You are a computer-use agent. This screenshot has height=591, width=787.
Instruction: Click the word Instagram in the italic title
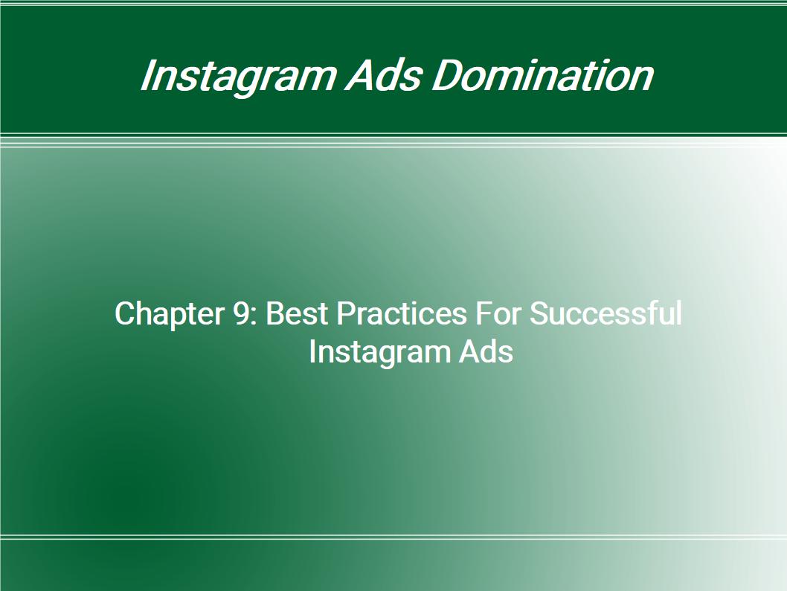coord(237,77)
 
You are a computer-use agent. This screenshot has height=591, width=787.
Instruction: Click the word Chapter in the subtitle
coord(169,314)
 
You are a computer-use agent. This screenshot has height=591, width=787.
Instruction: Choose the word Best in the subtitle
coord(297,313)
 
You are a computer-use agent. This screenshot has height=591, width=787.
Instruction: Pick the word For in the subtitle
coord(498,313)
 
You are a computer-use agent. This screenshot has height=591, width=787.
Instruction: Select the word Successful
coord(605,313)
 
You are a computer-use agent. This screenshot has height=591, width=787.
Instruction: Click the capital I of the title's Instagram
coord(148,75)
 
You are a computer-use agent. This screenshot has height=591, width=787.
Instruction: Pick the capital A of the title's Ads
coord(361,75)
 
